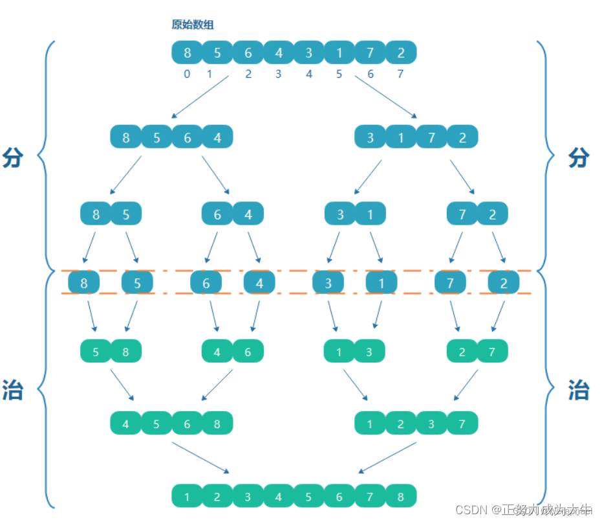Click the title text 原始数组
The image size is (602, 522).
[193, 25]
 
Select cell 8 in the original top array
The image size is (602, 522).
[187, 53]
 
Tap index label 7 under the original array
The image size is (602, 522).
[400, 74]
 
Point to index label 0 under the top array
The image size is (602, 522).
[187, 74]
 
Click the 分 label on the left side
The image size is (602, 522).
[13, 157]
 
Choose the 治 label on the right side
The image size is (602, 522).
[578, 390]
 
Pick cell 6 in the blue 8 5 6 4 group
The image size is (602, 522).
[187, 137]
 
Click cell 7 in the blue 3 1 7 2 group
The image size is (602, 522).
[431, 137]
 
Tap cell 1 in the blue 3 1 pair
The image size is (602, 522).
[371, 214]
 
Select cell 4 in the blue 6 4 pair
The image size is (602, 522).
[248, 214]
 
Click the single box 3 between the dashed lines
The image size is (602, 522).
[328, 283]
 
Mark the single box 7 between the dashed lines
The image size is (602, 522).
[450, 283]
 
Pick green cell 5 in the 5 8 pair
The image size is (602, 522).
[96, 352]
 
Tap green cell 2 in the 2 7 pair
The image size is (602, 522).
[462, 352]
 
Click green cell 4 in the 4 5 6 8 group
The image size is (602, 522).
[126, 424]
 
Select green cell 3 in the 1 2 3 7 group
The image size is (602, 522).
[431, 424]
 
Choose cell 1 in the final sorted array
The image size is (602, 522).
[187, 497]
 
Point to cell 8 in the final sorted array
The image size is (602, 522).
[401, 497]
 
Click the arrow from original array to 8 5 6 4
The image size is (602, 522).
[200, 97]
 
